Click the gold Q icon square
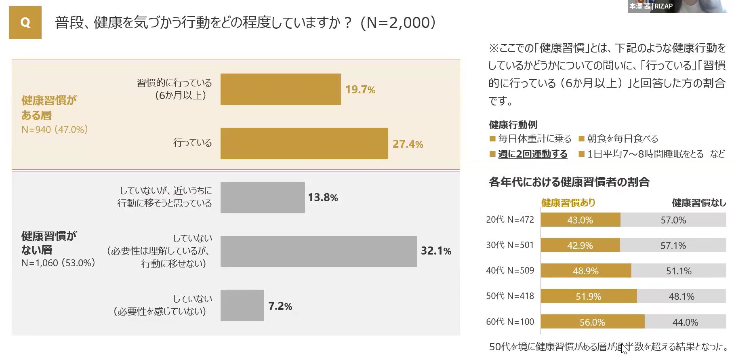click(25, 23)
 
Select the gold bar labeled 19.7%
click(280, 89)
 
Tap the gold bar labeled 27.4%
click(304, 143)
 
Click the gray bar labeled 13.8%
click(262, 198)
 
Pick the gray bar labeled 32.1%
click(318, 251)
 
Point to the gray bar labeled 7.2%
click(242, 305)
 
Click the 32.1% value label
click(436, 251)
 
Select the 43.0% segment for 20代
click(580, 220)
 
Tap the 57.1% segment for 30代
click(673, 245)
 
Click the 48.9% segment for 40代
click(586, 271)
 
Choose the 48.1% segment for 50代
click(681, 297)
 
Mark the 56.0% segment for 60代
click(592, 322)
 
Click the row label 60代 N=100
click(510, 322)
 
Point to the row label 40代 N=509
click(510, 271)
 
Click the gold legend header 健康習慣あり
click(568, 203)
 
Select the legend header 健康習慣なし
click(698, 203)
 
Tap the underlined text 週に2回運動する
click(532, 154)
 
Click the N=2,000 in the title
click(397, 23)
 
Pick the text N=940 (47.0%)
click(55, 130)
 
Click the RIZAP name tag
click(651, 6)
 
